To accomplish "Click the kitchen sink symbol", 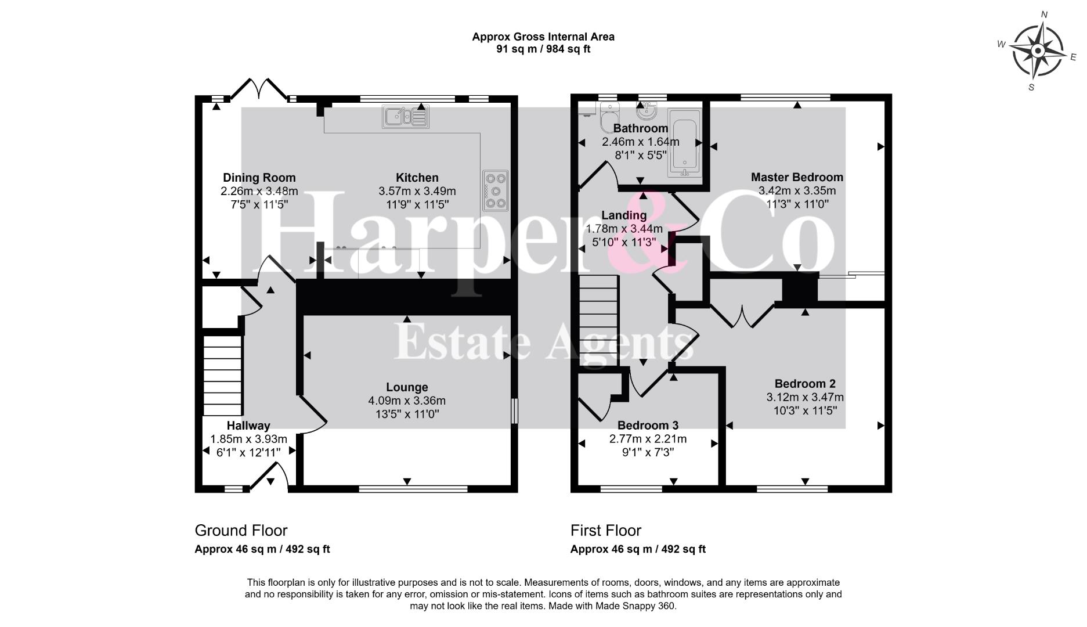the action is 405,117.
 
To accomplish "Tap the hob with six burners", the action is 495,190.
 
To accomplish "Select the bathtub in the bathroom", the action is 685,142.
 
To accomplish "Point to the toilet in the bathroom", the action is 610,117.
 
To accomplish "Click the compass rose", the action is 1038,52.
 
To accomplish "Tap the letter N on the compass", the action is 1044,15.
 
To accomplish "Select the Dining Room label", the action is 259,178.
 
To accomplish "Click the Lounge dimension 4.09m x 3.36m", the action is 407,401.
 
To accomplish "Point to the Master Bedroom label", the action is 797,177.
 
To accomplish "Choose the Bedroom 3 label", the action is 648,426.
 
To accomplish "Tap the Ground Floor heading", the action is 241,530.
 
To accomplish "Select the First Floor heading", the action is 606,530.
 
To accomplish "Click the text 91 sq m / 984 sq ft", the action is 543,49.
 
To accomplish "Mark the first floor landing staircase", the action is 599,321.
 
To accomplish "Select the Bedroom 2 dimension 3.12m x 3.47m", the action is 805,398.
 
